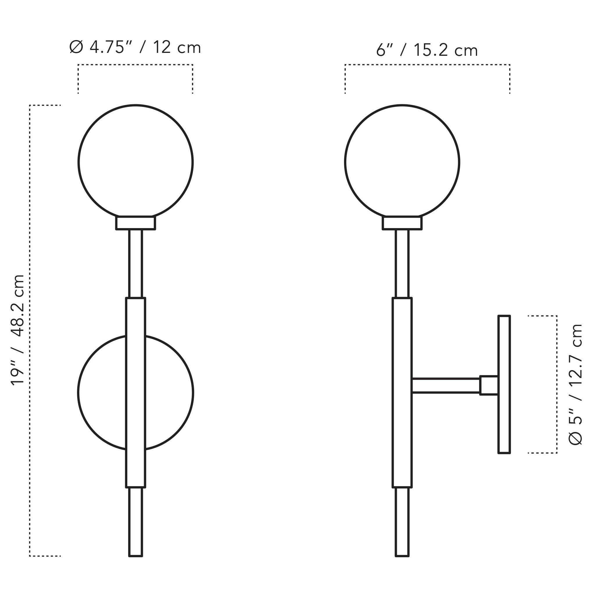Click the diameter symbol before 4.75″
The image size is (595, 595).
(x=76, y=47)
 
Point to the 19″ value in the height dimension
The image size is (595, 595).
(x=17, y=374)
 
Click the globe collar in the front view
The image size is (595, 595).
(x=135, y=223)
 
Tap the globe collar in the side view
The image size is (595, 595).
(x=402, y=223)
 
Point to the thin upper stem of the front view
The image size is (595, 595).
(x=135, y=264)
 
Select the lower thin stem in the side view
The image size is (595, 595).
(x=402, y=524)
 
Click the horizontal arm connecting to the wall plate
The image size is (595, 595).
(x=445, y=386)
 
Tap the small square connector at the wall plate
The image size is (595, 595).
(x=489, y=385)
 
